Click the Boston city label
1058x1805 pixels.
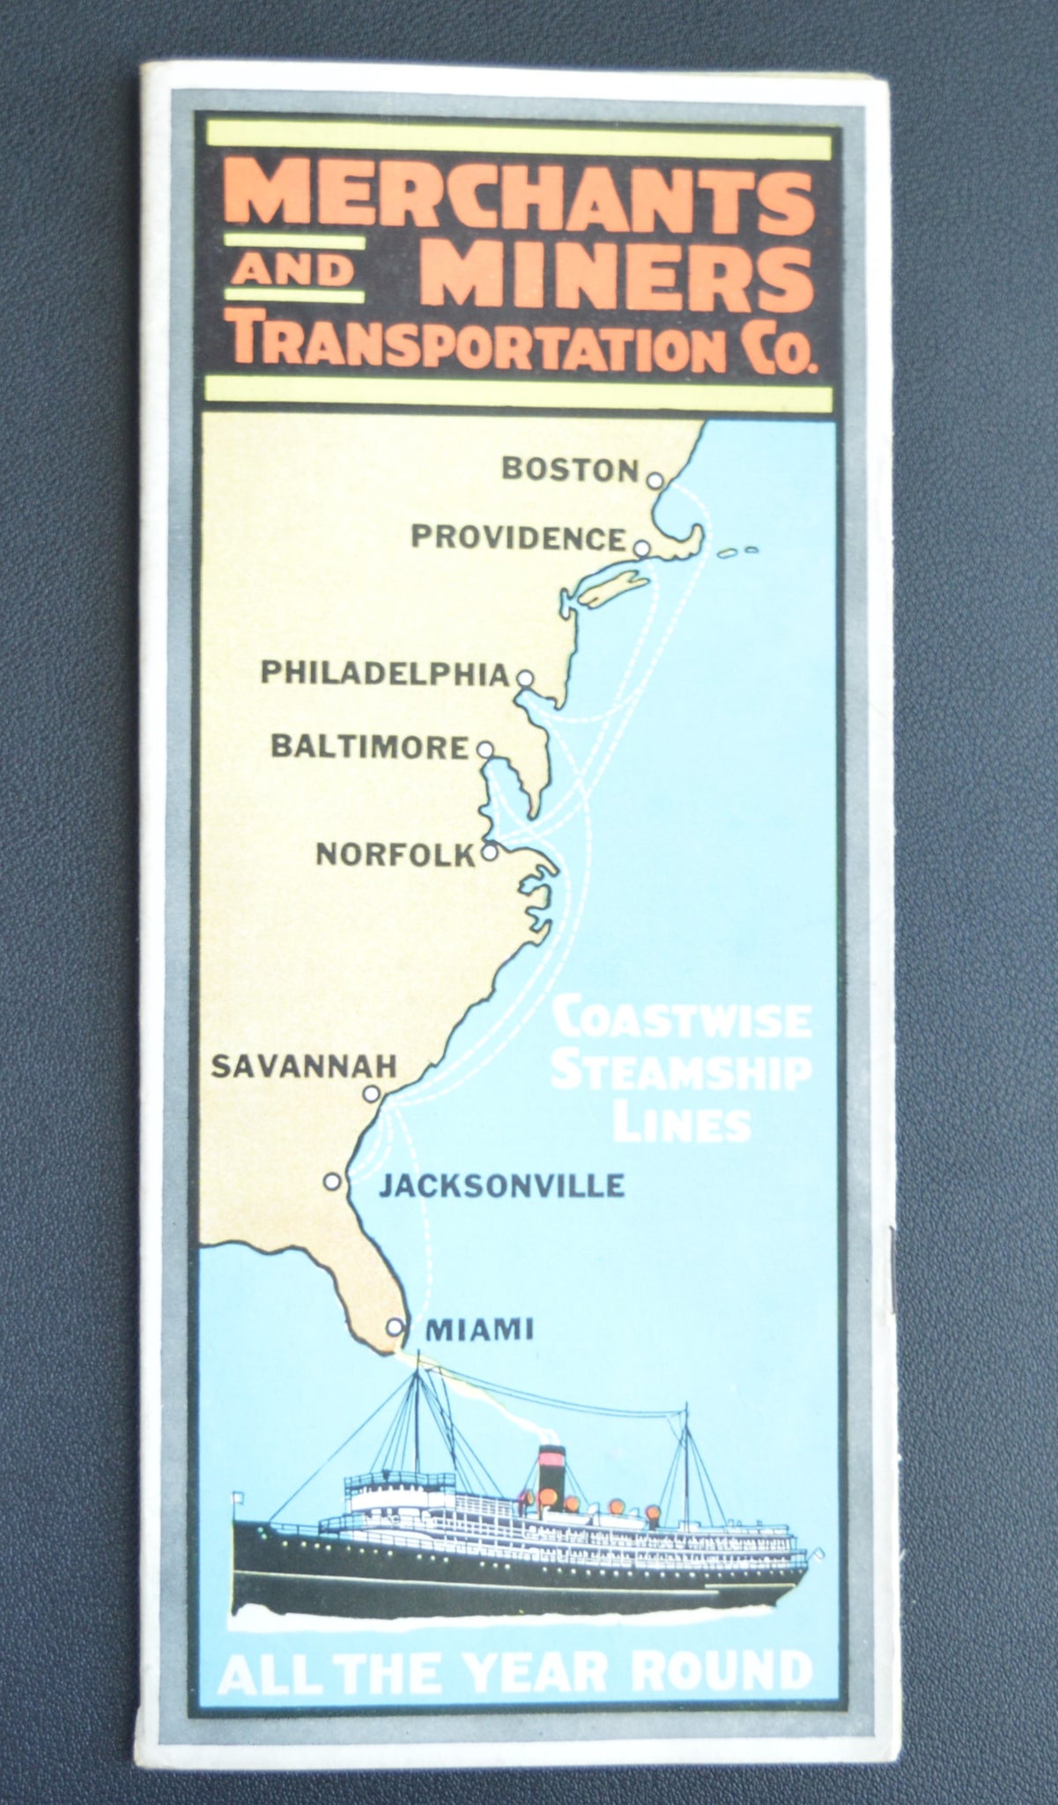[569, 469]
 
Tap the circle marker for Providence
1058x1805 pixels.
[642, 548]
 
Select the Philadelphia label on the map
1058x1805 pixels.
[386, 674]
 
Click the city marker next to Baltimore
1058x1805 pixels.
[484, 749]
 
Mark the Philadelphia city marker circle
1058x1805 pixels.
[525, 678]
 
